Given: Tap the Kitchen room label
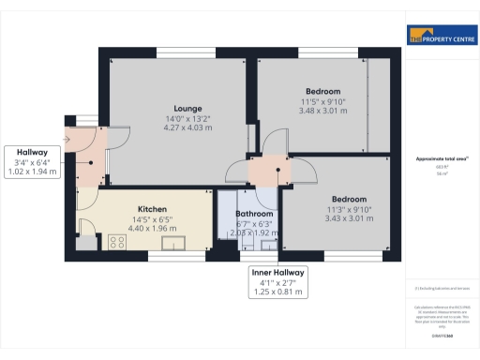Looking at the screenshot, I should [152, 208].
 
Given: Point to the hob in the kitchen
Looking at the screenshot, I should [118, 243].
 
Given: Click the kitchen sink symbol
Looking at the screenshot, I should [174, 244].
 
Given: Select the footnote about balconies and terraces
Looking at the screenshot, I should [440, 288].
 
